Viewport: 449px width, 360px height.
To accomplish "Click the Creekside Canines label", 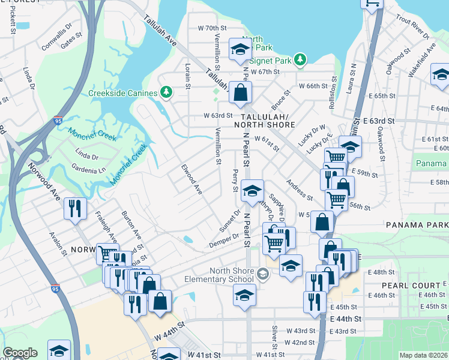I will pos(123,92).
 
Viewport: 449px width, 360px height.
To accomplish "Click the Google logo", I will pos(20,353).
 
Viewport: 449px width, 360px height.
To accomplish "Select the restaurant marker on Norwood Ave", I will pos(76,208).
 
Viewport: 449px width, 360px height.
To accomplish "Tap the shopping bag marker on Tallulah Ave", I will pos(240,92).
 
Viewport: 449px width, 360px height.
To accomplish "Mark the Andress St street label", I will pos(300,190).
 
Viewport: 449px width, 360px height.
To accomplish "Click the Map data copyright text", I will pos(423,355).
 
